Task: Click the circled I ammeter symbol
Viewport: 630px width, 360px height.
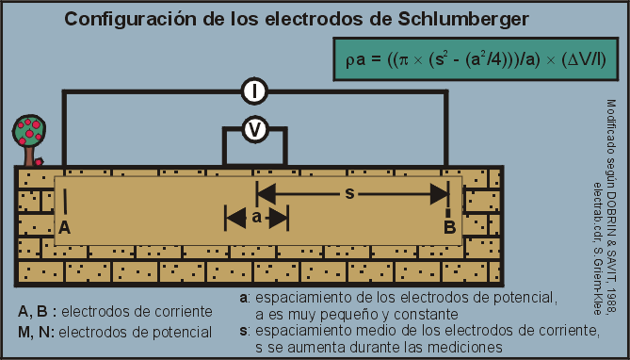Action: click(254, 91)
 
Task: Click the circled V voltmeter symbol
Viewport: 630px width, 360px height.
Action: click(253, 131)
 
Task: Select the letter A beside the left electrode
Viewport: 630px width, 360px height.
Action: click(64, 228)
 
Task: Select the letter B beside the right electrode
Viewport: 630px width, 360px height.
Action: click(450, 227)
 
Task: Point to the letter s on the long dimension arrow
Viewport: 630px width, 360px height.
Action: click(350, 194)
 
